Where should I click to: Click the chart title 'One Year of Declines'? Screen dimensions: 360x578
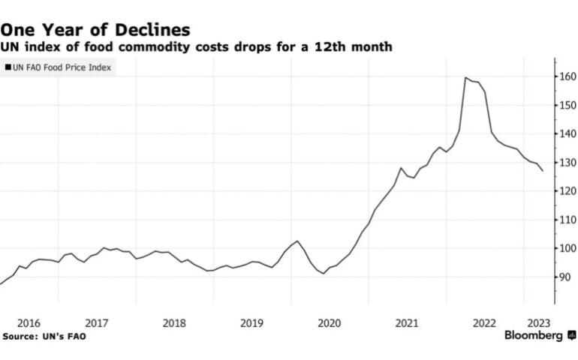coord(95,29)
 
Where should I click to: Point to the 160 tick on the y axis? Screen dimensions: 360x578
coord(567,77)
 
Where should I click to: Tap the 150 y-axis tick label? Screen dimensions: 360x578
coord(567,106)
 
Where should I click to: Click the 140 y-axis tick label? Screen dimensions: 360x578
coord(567,134)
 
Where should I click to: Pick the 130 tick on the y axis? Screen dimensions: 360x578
coord(567,163)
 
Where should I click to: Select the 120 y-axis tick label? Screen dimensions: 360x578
coord(567,191)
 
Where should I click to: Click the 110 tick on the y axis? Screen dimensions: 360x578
coord(567,220)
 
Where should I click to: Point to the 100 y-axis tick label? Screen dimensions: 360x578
coord(567,248)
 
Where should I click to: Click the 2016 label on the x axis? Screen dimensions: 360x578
coord(28,322)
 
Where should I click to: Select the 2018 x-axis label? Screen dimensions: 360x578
coord(174,322)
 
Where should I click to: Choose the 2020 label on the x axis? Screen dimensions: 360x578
coord(330,322)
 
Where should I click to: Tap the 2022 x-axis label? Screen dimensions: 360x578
coord(484,322)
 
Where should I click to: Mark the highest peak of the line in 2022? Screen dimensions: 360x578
coord(465,77)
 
